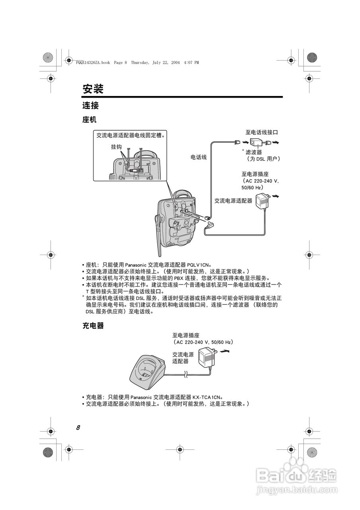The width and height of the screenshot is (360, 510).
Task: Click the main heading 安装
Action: [93, 89]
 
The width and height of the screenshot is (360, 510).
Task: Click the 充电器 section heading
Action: [93, 326]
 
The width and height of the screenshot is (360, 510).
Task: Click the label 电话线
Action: [198, 157]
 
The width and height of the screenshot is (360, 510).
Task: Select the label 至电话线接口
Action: [261, 132]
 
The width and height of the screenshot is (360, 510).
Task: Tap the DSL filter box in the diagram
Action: [255, 143]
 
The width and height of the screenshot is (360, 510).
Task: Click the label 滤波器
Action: [254, 152]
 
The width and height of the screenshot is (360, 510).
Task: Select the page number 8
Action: [78, 428]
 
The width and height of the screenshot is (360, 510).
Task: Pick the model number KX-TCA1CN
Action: [206, 397]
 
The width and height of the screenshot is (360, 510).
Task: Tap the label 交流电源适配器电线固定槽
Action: [130, 135]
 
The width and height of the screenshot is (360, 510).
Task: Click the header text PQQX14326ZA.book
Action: [92, 63]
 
